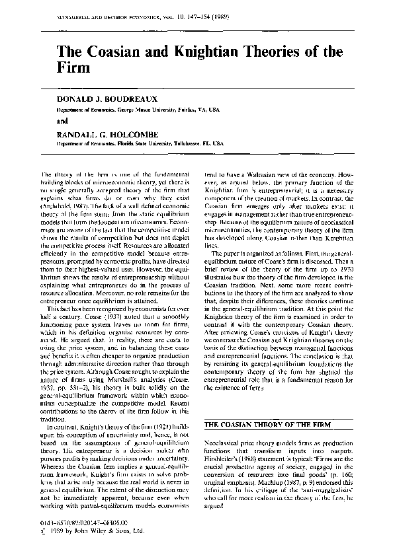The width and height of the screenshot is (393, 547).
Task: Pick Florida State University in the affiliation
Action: [146, 141]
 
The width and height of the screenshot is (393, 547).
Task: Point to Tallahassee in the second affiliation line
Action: [196, 141]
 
